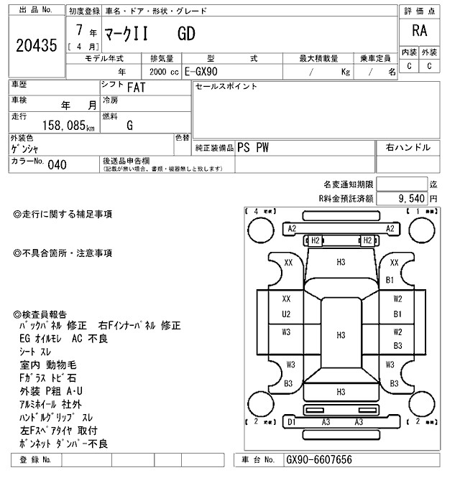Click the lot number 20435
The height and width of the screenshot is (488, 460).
tap(35, 47)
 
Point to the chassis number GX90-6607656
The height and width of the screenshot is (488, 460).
tap(318, 459)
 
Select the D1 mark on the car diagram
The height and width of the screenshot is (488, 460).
tap(292, 423)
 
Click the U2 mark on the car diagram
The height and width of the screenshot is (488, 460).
tap(286, 314)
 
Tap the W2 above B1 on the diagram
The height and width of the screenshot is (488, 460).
tap(397, 299)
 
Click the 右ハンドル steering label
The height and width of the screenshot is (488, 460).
tap(408, 148)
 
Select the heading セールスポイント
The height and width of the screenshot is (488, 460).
tap(226, 87)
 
